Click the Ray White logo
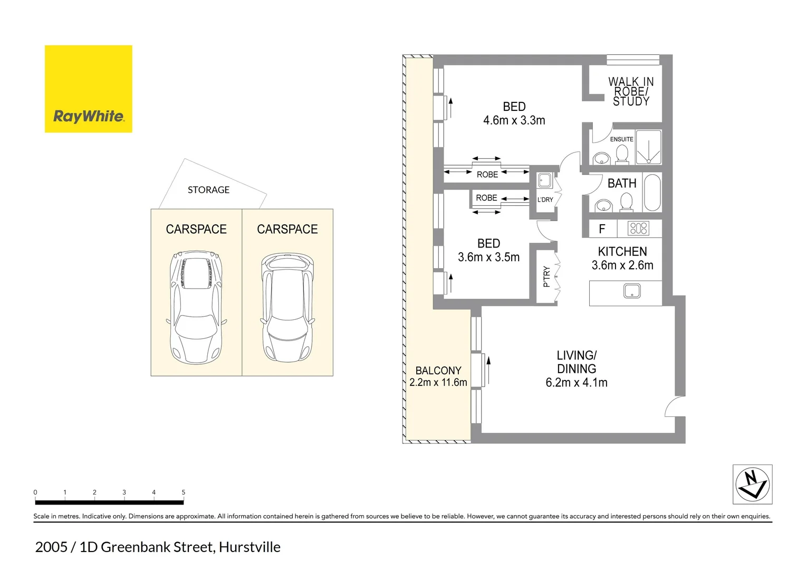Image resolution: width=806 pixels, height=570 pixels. coord(89,89)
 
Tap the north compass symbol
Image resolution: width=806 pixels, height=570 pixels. coord(753,484)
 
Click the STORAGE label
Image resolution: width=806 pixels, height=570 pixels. coord(208,190)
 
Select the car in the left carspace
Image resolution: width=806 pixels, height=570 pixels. coord(196,307)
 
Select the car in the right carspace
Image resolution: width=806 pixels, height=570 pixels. coord(287,307)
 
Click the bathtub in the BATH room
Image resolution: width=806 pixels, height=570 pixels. coord(652,193)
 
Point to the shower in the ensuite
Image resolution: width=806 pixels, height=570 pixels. coord(648,147)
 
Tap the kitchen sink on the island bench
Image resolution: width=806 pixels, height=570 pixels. coord(631,291)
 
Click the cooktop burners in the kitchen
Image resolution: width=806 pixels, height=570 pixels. coord(638,229)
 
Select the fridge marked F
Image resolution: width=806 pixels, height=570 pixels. coord(602,229)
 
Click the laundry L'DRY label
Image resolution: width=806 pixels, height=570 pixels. coord(545,199)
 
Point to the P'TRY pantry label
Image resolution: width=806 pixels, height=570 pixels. coord(546,277)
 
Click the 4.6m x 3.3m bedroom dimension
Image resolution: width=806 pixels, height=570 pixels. coord(514,120)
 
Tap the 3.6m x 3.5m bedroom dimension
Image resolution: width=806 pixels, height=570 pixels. coord(488,258)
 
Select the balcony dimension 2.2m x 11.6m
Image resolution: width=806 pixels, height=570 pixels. coord(438,383)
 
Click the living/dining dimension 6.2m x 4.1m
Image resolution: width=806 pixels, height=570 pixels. coord(577,383)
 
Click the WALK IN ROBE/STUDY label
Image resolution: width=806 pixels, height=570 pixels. coord(631,91)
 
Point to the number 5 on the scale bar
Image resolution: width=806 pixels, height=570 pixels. coord(184,492)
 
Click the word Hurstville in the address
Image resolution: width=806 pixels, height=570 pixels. coord(250,547)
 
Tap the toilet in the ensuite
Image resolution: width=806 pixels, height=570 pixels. coord(622,154)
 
